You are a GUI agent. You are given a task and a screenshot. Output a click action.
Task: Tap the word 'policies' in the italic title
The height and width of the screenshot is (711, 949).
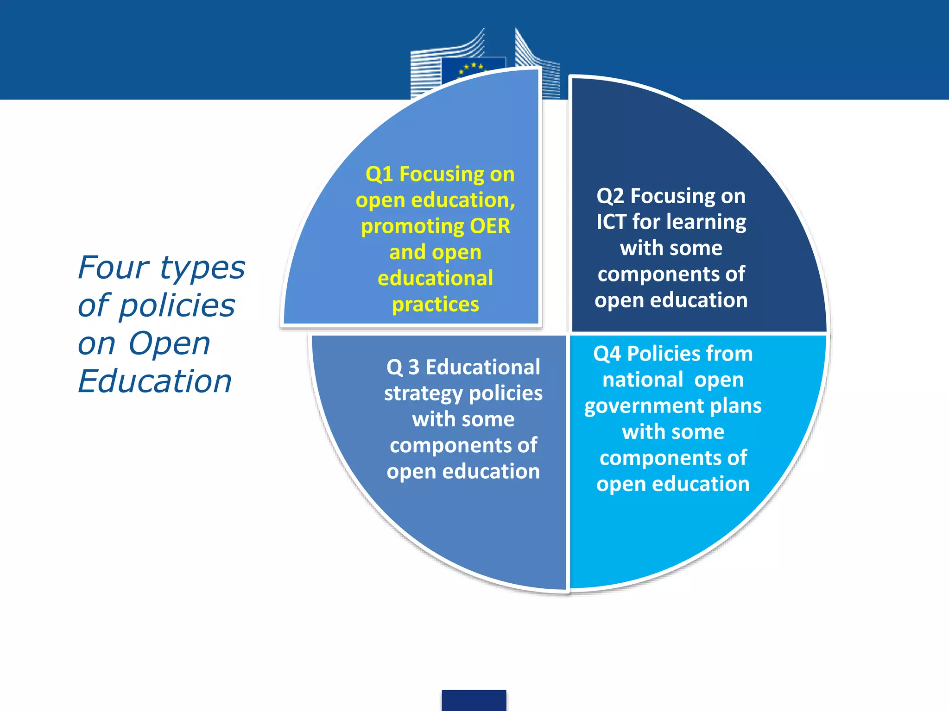point(177,306)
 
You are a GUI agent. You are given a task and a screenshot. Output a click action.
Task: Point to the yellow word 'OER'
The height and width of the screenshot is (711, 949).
point(490,226)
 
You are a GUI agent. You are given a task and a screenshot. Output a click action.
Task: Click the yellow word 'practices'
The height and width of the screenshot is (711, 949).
point(436,305)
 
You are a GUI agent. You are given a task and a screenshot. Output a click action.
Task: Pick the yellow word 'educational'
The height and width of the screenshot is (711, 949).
point(435,278)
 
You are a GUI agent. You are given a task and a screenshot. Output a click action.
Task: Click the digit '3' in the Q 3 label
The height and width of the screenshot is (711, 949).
point(413,368)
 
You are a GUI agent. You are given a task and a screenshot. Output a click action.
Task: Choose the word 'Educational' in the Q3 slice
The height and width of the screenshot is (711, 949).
point(483,368)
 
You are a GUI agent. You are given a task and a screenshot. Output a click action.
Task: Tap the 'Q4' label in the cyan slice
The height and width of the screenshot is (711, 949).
point(607,354)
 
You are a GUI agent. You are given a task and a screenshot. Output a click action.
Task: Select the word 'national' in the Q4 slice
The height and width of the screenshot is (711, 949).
point(643,380)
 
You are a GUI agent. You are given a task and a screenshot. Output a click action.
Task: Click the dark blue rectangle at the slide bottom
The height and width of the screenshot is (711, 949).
point(474,700)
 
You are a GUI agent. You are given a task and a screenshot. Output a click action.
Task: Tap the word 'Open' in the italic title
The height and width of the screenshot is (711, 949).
point(169,344)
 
